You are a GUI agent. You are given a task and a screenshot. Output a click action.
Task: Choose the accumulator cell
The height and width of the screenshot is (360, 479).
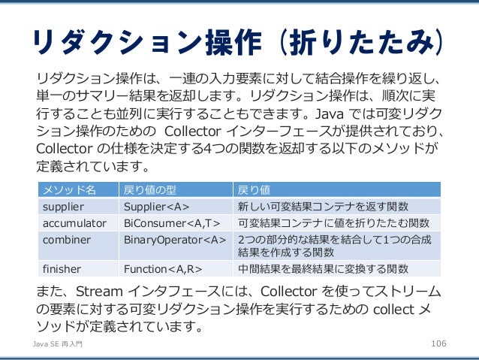tap(76, 223)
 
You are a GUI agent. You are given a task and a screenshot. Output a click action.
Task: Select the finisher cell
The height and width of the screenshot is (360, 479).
tap(61, 268)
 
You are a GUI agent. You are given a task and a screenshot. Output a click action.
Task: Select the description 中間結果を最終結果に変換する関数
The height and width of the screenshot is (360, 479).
tap(323, 268)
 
